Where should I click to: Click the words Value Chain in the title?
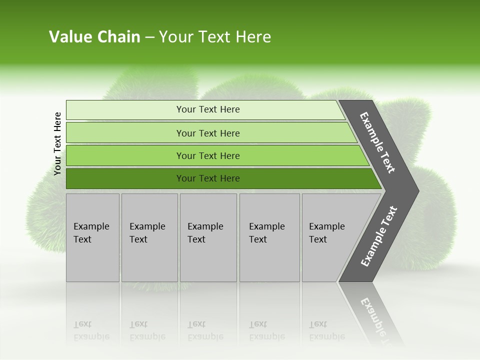coord(94,37)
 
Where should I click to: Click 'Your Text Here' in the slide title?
coord(215,37)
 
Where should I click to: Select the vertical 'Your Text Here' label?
coord(57,144)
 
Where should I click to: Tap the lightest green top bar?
coord(125,110)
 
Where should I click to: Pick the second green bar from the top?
coord(125,133)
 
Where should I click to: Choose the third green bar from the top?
coord(125,156)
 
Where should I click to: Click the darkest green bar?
coord(125,178)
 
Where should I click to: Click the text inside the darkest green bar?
coord(208,178)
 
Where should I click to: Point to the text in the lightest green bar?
coord(208,109)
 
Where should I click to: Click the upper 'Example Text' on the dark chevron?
coord(377,142)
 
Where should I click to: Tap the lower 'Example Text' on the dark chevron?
coord(379,236)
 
